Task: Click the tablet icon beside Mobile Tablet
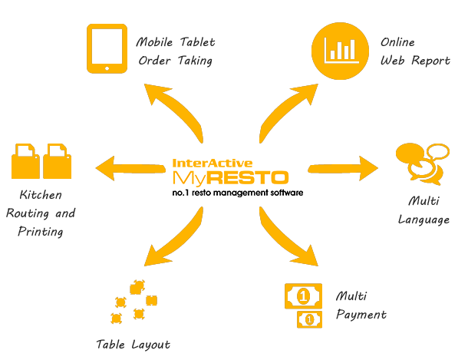pos(107,48)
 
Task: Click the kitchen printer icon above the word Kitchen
pos(42,159)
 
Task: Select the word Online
pos(399,42)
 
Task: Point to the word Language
pos(424,220)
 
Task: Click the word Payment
pos(361,314)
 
